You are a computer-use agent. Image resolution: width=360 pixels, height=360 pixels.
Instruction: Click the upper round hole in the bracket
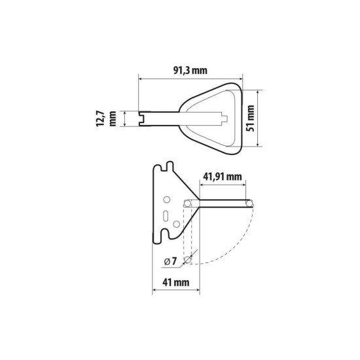coord(166,198)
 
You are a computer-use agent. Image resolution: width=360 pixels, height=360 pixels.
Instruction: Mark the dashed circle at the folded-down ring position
coord(188,261)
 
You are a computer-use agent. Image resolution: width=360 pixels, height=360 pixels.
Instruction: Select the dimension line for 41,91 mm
coord(223,185)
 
